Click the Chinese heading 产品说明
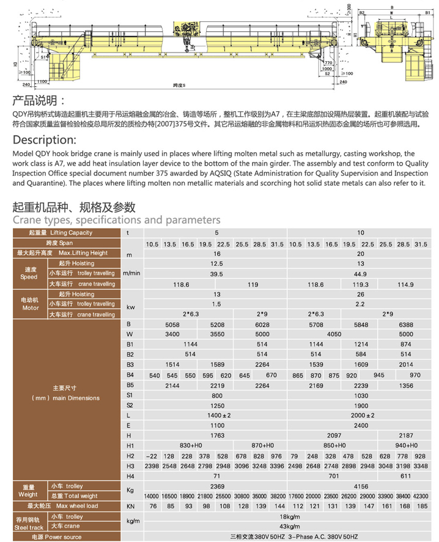tap(39, 100)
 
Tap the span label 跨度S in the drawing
tap(179, 84)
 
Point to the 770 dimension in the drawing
tap(328, 63)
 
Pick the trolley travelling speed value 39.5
tap(216, 274)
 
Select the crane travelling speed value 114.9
tap(406, 284)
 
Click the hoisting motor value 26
tap(360, 294)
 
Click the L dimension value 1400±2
tap(216, 415)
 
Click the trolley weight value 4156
tap(361, 486)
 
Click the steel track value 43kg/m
tap(288, 527)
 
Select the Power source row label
tap(56, 537)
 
